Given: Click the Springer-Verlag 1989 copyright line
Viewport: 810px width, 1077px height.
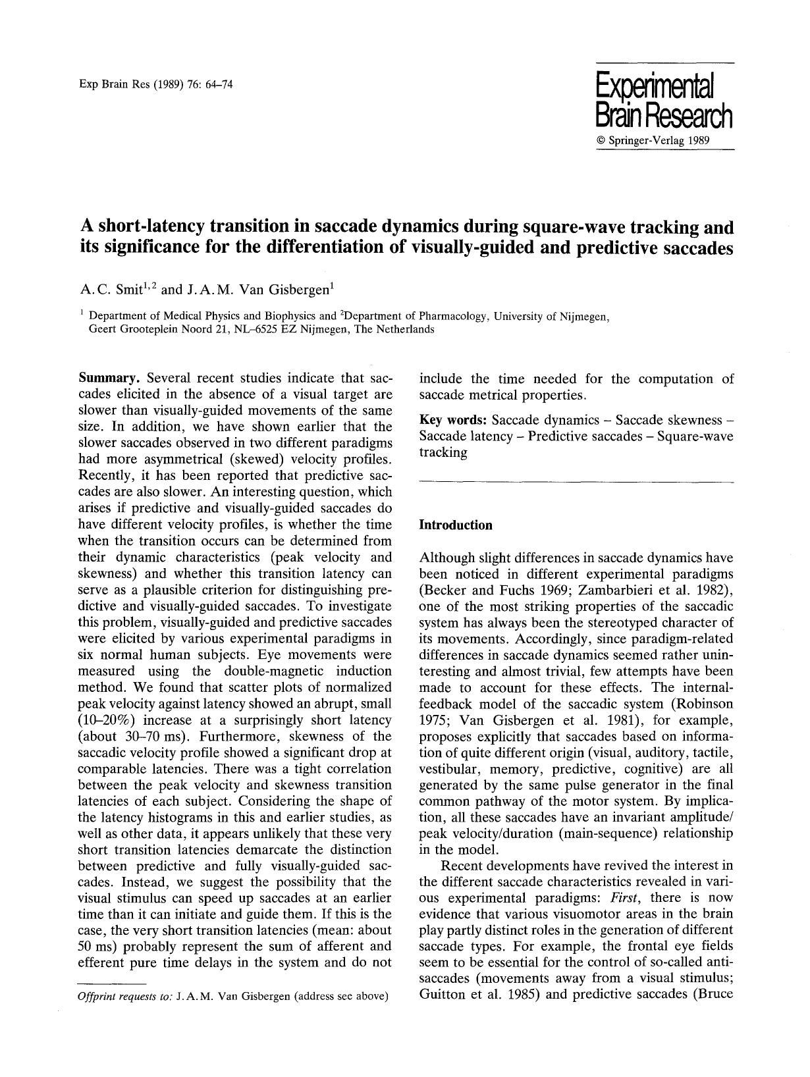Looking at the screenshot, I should pyautogui.click(x=653, y=141).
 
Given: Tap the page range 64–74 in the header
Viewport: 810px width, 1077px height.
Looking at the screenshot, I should pyautogui.click(x=219, y=84).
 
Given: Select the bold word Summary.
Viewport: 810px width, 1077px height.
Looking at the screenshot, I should pyautogui.click(x=109, y=379).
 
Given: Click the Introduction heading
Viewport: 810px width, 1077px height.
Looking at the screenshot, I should pyautogui.click(x=456, y=525).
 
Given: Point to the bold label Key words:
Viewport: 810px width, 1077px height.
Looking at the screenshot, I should pyautogui.click(x=453, y=420).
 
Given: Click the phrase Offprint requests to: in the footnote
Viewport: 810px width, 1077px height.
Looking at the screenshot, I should pyautogui.click(x=124, y=996).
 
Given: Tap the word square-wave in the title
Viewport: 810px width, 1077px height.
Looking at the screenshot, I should pyautogui.click(x=572, y=227).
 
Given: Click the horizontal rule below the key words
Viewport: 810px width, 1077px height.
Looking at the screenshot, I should pyautogui.click(x=576, y=483).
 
